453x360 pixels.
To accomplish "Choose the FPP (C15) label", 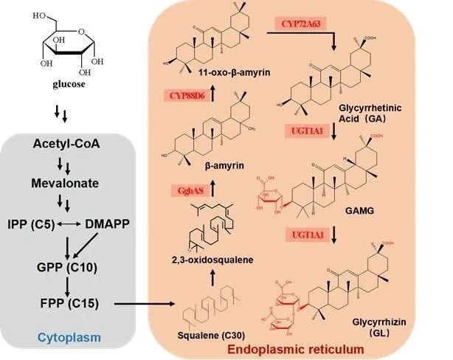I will pos(67,302).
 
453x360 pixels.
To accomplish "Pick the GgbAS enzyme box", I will pos(186,190).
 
